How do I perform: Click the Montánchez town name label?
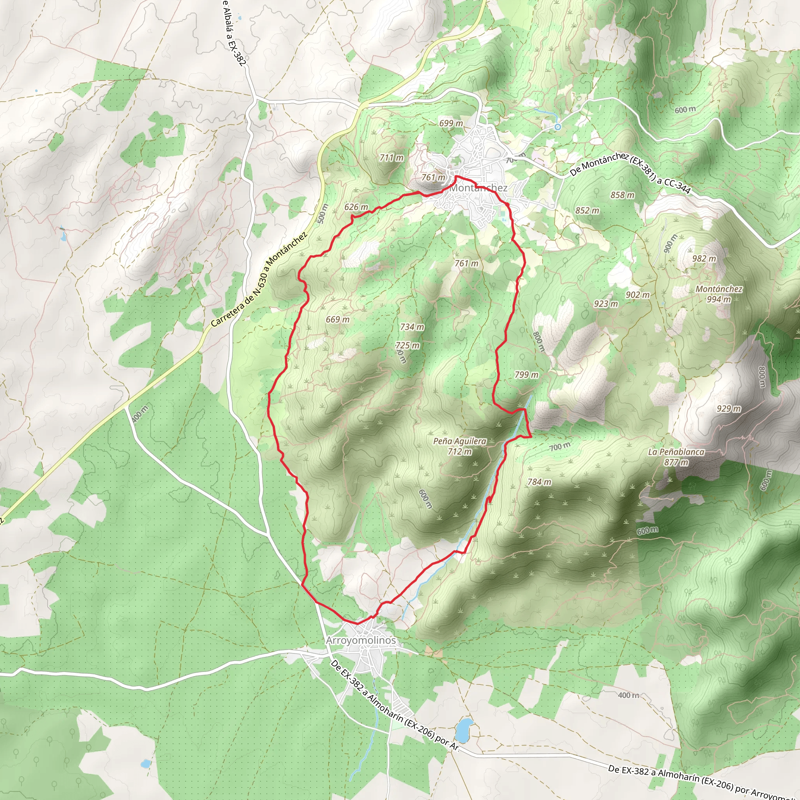(478, 188)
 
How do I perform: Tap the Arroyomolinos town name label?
(361, 640)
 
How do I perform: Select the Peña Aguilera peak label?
(460, 441)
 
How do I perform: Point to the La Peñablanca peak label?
(676, 452)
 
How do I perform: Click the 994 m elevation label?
(718, 299)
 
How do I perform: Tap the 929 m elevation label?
(729, 409)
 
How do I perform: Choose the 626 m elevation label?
(356, 207)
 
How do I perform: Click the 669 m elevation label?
(337, 319)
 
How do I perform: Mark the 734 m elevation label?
(412, 327)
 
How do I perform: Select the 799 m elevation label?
(527, 375)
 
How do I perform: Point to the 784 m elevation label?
(539, 482)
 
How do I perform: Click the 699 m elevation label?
(451, 123)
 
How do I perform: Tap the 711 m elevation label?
(391, 158)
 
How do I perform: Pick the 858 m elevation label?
(622, 195)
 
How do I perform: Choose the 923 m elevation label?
(606, 304)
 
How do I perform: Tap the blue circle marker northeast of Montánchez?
(558, 127)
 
